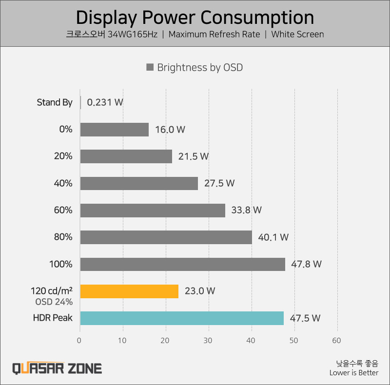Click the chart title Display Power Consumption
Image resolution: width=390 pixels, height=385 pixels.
click(195, 18)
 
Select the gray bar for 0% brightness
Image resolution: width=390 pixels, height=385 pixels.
click(115, 130)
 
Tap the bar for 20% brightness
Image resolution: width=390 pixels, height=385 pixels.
click(126, 156)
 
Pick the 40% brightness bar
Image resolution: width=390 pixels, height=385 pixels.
click(139, 183)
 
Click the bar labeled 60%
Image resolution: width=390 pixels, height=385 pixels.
click(153, 211)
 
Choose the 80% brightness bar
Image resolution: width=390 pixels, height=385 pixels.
click(166, 237)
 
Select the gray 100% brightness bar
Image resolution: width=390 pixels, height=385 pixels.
click(183, 264)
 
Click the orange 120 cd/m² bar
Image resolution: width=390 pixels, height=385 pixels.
click(129, 291)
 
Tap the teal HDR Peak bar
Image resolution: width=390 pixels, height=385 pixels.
click(182, 318)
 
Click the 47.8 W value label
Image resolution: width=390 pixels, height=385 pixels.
click(307, 264)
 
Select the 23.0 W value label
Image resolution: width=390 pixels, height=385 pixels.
click(200, 291)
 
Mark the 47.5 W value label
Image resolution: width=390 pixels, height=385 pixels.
click(305, 318)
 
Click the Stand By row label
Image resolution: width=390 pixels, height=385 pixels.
click(55, 102)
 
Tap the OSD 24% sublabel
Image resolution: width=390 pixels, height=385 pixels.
click(54, 302)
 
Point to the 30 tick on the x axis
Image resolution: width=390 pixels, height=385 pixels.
click(208, 340)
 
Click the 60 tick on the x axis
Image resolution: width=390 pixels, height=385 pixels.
click(336, 340)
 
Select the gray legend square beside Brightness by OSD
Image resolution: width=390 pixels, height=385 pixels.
click(150, 68)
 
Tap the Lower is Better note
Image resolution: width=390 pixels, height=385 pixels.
click(353, 373)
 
